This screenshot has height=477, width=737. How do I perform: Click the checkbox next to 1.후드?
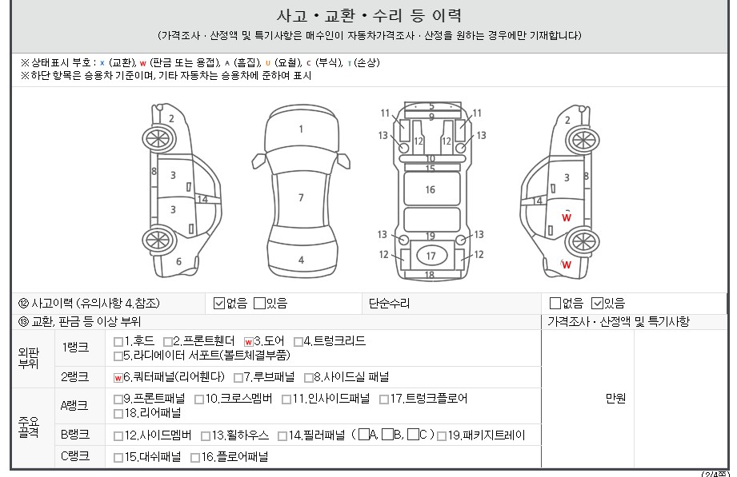click(118, 341)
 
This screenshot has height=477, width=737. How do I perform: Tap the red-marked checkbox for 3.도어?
click(249, 341)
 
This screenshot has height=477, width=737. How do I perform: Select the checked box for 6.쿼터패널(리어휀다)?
click(118, 377)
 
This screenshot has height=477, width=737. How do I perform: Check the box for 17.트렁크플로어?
click(384, 399)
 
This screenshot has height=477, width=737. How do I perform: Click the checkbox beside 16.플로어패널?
click(195, 457)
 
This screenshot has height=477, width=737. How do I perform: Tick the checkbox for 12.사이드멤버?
click(118, 436)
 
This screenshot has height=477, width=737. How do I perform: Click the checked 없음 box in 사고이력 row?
click(219, 304)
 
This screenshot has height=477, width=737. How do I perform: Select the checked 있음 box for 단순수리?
click(597, 304)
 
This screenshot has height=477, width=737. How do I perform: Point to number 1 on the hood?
click(302, 129)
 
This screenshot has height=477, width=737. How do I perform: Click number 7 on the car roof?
click(301, 197)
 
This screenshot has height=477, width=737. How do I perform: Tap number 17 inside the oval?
click(431, 256)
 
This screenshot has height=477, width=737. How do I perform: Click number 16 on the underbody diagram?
click(430, 189)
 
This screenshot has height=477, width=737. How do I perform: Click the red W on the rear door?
click(567, 217)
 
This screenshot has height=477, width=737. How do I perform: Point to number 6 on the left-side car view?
click(178, 261)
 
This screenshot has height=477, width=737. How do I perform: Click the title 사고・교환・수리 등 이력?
click(369, 16)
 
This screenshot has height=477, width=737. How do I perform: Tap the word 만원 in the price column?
click(615, 399)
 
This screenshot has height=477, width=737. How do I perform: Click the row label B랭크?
click(75, 435)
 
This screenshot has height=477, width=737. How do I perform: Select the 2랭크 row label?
click(74, 377)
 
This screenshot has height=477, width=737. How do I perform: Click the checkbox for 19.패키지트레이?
click(442, 436)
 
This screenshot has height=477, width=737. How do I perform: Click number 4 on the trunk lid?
click(302, 260)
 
